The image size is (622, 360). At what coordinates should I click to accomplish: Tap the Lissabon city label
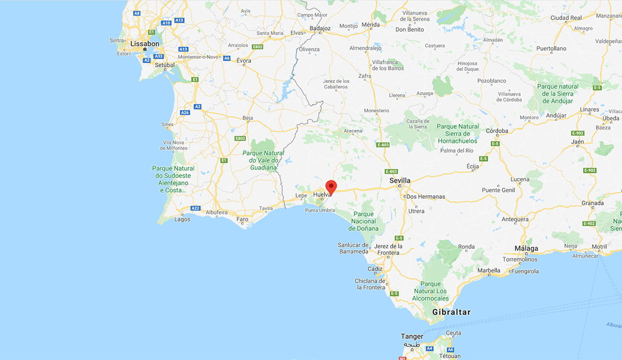point(145,44)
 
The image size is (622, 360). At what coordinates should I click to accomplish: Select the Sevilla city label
point(400,180)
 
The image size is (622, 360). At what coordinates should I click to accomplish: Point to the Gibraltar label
point(452,312)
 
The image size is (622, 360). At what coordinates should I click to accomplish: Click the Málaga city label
point(526,249)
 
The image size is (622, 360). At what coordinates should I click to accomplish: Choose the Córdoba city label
point(497,131)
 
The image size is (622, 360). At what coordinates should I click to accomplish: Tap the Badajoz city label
point(320,28)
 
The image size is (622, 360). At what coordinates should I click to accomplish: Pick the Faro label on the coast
point(242,219)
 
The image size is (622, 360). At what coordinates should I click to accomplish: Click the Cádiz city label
point(375,269)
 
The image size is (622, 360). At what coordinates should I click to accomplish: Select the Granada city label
point(593,203)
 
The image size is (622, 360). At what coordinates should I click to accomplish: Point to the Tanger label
point(412,336)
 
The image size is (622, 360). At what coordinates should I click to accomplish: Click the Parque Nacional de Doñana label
point(363,221)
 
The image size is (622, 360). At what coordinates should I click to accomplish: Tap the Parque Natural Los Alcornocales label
point(430,291)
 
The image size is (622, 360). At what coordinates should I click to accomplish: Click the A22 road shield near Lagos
point(195,208)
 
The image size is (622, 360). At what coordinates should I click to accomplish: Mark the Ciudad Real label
point(566,18)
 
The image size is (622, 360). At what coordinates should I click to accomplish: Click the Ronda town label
point(466,247)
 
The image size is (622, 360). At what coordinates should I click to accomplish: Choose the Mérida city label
point(370,25)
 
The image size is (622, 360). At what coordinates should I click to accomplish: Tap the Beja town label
point(248,118)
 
